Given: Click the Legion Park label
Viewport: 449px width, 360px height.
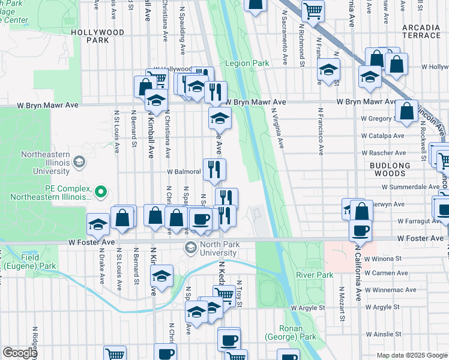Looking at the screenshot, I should (x=247, y=63).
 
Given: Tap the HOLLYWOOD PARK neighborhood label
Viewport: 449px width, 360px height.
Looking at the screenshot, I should (x=97, y=36).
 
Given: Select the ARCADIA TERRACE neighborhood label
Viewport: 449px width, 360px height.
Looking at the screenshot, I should (x=421, y=31).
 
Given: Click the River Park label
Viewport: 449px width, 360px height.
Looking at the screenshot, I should (x=314, y=275).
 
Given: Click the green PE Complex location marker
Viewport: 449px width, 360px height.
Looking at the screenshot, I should (x=101, y=192).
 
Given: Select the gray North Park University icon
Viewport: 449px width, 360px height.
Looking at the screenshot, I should (x=191, y=247).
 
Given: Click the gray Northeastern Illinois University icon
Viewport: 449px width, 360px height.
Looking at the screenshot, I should (x=79, y=161).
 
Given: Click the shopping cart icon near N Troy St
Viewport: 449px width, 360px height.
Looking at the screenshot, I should (x=224, y=295).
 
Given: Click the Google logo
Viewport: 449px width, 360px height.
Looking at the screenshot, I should (x=20, y=353).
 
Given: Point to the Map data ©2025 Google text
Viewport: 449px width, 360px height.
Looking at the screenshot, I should (x=411, y=355).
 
